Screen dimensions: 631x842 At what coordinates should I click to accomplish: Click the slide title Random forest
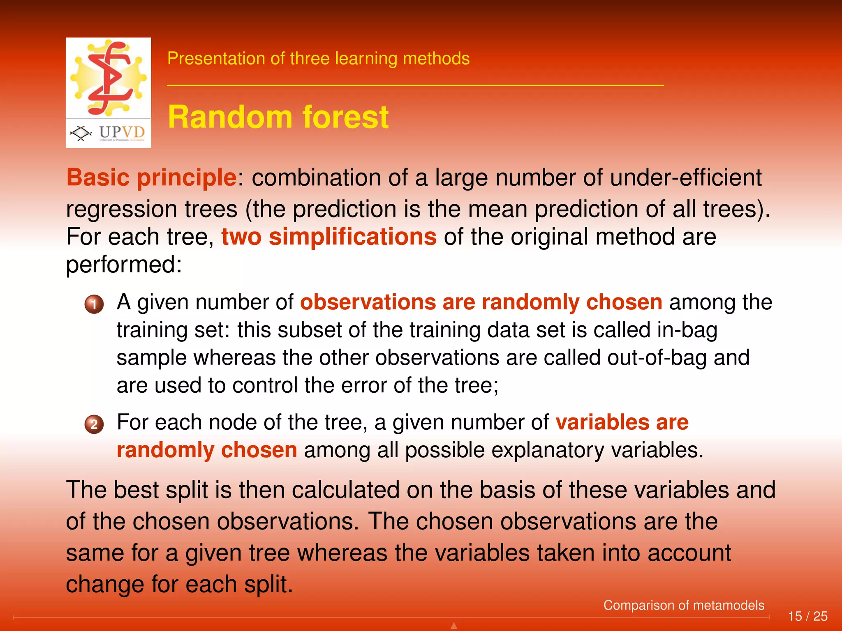click(278, 117)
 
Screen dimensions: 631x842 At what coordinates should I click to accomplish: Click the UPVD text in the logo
click(122, 132)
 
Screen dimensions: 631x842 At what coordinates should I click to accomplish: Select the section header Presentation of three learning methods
click(318, 58)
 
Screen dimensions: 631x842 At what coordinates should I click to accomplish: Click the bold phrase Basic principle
click(151, 177)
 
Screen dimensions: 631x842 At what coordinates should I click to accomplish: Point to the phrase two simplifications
click(328, 237)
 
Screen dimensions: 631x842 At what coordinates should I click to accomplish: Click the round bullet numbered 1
click(94, 304)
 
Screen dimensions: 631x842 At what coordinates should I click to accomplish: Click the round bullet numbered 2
click(94, 424)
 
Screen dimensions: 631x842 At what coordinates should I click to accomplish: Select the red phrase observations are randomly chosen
click(481, 302)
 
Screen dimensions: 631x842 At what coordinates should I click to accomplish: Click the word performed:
click(124, 264)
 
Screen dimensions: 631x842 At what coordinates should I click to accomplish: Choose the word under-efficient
click(686, 177)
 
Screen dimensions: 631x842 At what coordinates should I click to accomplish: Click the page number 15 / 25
click(807, 616)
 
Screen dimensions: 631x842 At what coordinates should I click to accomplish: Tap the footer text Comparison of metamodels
click(683, 605)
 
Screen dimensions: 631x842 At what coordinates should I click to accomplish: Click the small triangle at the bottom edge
click(454, 626)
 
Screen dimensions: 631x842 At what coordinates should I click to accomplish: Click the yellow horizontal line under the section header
click(415, 85)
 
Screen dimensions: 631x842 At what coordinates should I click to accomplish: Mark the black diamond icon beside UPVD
click(81, 133)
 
